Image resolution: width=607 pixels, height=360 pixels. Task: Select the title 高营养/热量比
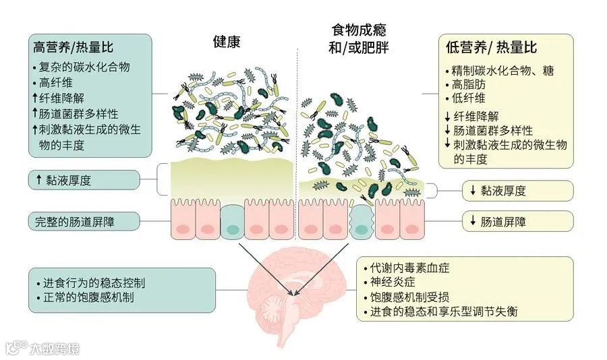tap(74, 48)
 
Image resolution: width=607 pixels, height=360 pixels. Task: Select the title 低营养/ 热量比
tap(492, 48)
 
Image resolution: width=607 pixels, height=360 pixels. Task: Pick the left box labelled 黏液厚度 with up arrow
tap(84, 180)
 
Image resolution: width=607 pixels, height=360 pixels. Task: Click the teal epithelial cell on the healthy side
tap(232, 222)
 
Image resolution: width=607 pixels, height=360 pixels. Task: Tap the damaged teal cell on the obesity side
tap(362, 222)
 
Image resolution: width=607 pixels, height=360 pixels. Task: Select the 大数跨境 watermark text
tap(54, 349)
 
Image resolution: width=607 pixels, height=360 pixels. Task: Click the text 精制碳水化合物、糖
tap(501, 71)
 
